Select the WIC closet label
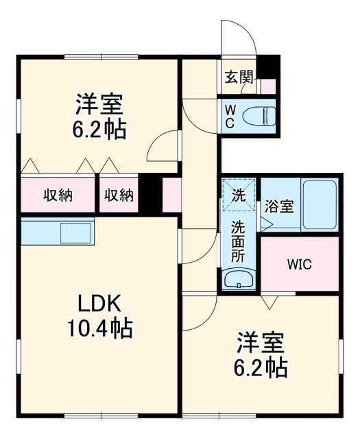300,265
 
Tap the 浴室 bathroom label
279,205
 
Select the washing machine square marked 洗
239,194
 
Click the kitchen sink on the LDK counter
75,232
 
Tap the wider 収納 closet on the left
58,195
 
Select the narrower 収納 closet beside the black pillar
119,195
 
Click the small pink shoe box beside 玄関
267,86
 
